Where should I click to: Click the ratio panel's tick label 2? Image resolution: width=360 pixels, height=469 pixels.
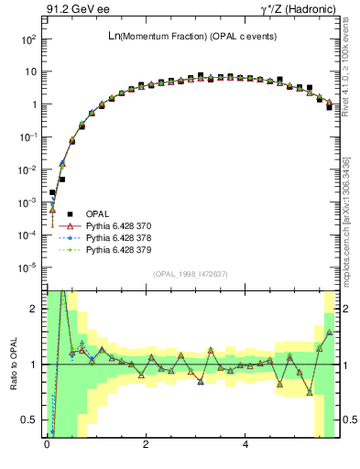pos(32,310)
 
